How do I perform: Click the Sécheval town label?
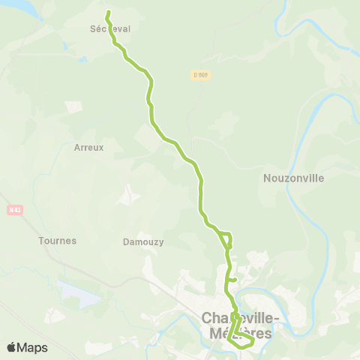pyautogui.click(x=109, y=28)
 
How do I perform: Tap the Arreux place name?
pyautogui.click(x=88, y=148)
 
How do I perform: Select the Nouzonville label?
pyautogui.click(x=294, y=178)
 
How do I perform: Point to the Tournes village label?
pyautogui.click(x=57, y=241)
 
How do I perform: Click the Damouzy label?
pyautogui.click(x=142, y=242)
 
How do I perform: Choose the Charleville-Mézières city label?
pyautogui.click(x=241, y=326)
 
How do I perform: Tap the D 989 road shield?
pyautogui.click(x=199, y=74)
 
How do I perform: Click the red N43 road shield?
pyautogui.click(x=15, y=210)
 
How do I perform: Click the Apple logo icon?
pyautogui.click(x=12, y=347)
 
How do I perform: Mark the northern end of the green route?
pyautogui.click(x=108, y=12)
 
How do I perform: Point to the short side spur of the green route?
pyautogui.click(x=233, y=280)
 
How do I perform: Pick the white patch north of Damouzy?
pyautogui.click(x=130, y=194)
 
